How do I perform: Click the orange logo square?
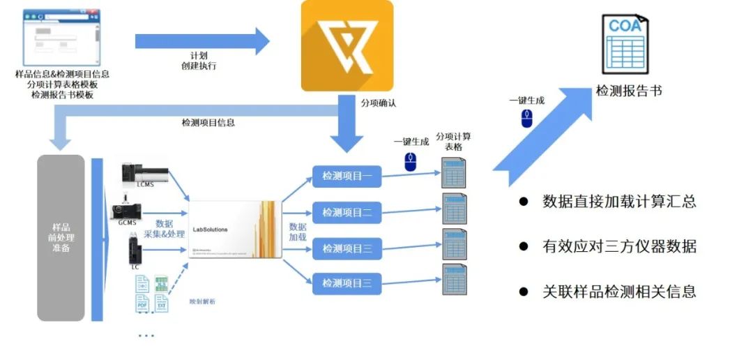tap(347, 45)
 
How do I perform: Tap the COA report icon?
tap(625, 47)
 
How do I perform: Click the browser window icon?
tap(60, 37)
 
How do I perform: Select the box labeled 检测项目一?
tap(347, 177)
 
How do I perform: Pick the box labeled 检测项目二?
tap(347, 211)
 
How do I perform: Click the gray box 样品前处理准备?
tap(61, 238)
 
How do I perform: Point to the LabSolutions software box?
tap(236, 229)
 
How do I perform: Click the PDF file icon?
tap(142, 303)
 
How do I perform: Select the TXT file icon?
tap(161, 303)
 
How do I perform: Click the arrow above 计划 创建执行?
tap(202, 41)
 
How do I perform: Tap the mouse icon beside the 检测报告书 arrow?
tap(527, 119)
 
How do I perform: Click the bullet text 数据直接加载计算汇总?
tap(619, 202)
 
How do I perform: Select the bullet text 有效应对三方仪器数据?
tap(619, 246)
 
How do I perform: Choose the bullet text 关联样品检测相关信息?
tap(619, 291)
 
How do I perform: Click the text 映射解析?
tap(202, 301)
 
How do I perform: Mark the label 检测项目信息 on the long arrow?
tap(208, 122)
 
